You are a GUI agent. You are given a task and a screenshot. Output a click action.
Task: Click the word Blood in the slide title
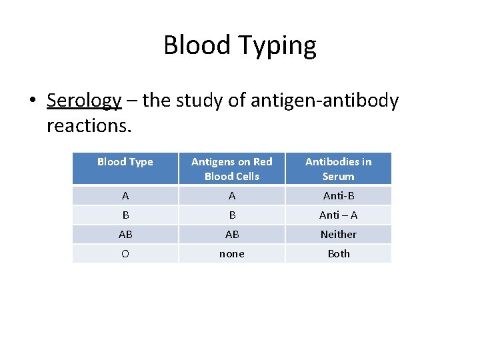(197, 46)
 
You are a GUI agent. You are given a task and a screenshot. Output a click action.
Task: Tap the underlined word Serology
(84, 101)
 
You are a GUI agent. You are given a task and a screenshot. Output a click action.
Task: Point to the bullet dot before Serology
(32, 101)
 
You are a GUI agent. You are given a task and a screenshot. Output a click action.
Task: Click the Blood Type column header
(125, 162)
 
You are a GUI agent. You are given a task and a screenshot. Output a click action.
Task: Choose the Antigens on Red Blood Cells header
(232, 169)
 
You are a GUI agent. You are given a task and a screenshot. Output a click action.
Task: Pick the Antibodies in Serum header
(338, 169)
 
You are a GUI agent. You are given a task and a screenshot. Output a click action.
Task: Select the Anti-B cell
(338, 196)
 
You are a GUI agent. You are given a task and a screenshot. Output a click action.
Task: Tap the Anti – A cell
(338, 215)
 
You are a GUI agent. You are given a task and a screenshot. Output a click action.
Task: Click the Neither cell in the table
(338, 235)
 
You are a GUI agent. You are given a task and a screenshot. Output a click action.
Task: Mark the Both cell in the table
(338, 254)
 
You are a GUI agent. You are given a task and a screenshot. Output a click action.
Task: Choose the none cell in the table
(232, 254)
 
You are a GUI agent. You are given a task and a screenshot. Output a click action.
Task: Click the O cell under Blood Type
(125, 254)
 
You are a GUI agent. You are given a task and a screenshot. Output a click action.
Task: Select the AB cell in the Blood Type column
(125, 235)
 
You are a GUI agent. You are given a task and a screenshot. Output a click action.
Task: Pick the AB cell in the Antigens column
(232, 235)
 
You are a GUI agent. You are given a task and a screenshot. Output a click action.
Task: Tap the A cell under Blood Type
(125, 196)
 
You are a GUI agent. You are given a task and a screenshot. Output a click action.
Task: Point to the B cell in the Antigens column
(232, 215)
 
